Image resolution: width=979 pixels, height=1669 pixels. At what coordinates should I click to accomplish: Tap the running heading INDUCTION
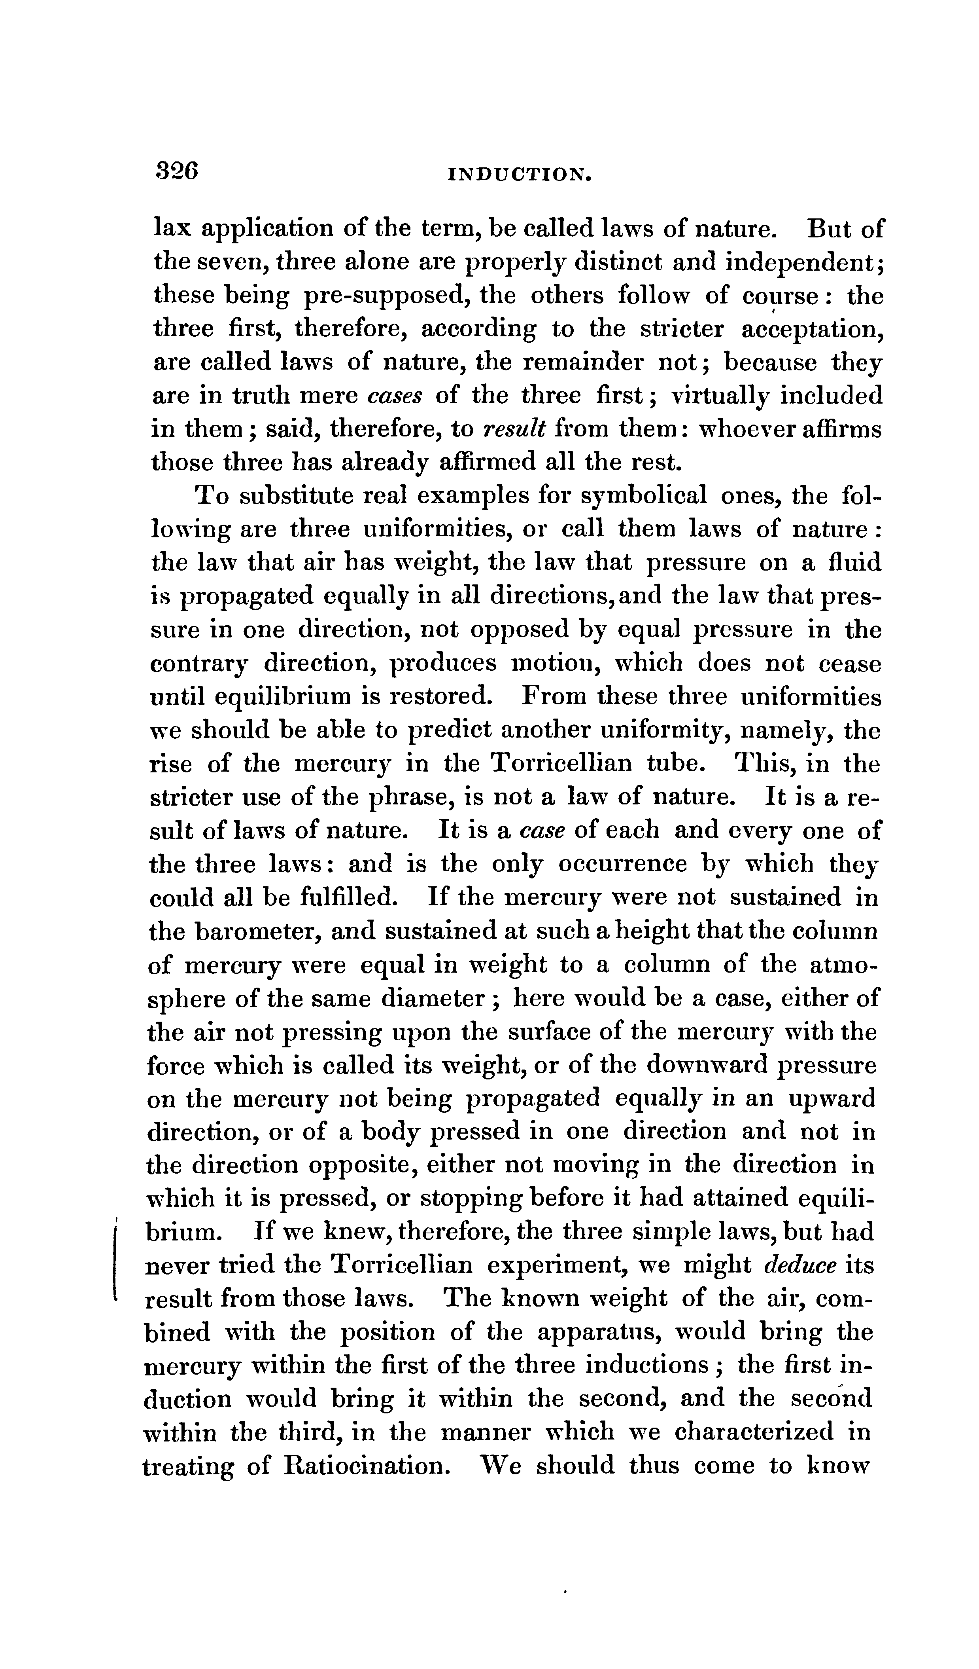(519, 175)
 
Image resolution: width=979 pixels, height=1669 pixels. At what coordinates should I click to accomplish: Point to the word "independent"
(801, 263)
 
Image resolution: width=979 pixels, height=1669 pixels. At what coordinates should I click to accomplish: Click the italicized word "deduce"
(799, 1266)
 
